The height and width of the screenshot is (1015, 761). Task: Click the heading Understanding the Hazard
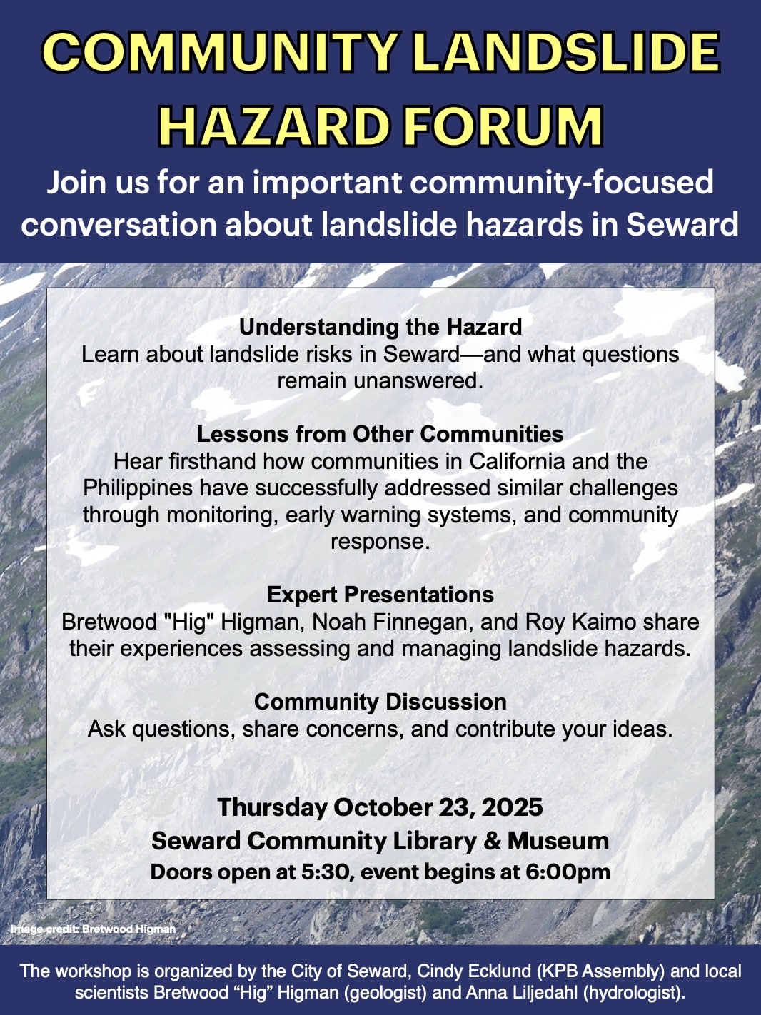tap(380, 327)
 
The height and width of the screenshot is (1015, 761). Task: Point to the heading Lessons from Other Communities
tap(380, 434)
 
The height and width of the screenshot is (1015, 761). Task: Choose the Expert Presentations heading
tap(380, 594)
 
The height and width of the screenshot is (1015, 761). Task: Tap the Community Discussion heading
tap(380, 702)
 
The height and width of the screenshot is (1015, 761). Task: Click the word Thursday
tap(272, 807)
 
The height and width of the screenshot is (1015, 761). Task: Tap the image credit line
tap(94, 929)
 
